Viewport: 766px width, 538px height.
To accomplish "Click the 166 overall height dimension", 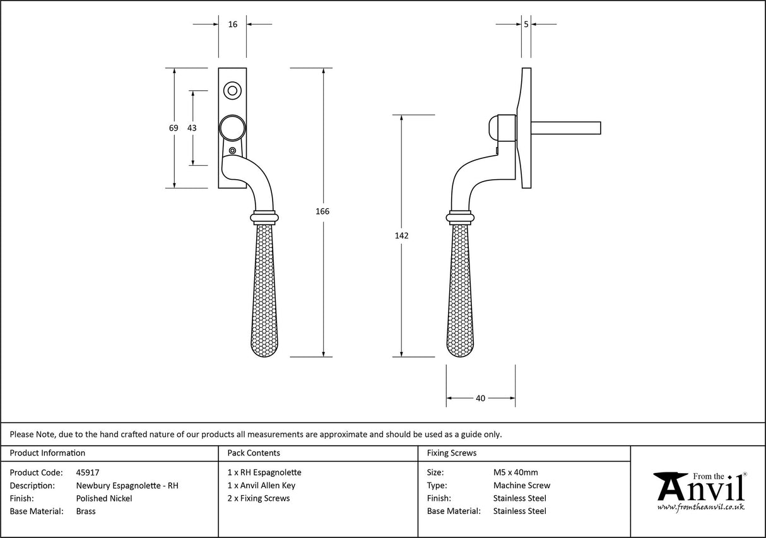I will [x=322, y=211].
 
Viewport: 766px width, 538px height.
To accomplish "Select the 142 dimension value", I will [x=401, y=236].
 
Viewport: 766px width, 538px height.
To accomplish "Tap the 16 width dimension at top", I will [x=233, y=24].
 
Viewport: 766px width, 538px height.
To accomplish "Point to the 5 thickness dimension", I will [x=526, y=24].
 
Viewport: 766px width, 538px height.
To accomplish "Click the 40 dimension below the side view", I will [x=481, y=398].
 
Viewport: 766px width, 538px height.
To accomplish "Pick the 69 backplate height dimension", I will [x=174, y=127].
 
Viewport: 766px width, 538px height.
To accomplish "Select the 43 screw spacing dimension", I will [x=192, y=127].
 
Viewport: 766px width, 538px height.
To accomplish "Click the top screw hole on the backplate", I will [x=232, y=91].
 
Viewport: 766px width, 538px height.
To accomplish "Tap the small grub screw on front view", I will [x=233, y=151].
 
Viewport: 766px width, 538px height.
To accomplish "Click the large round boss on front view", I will [x=232, y=128].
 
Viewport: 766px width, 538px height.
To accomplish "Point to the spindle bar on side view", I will [x=567, y=128].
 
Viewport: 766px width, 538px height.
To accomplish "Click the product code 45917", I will [x=87, y=472].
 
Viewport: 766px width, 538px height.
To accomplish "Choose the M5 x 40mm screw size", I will [x=515, y=472].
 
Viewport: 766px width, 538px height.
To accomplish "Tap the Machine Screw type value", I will [x=521, y=486].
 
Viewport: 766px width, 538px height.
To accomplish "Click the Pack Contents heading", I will [x=254, y=453].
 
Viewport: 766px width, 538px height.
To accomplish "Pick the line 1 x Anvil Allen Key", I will [x=261, y=486].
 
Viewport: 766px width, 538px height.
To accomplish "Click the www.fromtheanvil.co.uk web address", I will [x=701, y=506].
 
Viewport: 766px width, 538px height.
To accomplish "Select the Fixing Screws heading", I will [x=452, y=453].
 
